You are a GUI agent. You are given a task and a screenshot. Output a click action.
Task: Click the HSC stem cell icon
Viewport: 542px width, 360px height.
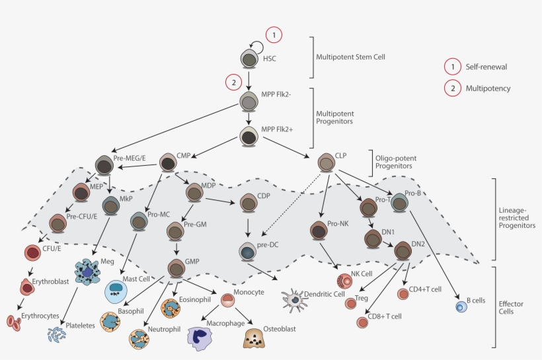[249, 59]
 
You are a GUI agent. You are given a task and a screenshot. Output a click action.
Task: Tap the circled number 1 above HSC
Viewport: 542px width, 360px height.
[274, 34]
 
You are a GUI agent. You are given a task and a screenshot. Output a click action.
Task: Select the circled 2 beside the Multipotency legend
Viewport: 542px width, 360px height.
[452, 88]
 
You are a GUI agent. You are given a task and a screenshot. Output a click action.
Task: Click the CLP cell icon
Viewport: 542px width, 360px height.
[326, 161]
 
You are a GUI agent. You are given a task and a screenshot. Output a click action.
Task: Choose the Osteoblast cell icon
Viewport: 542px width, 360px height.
[254, 337]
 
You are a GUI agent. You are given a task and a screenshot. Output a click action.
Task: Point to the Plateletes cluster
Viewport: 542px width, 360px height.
[57, 334]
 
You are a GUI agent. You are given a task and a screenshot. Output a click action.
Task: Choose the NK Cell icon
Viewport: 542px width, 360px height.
[345, 281]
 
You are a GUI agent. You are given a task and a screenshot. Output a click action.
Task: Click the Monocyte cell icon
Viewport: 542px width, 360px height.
[227, 301]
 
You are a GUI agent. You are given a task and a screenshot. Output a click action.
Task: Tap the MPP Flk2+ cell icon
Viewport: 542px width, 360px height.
[249, 137]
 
